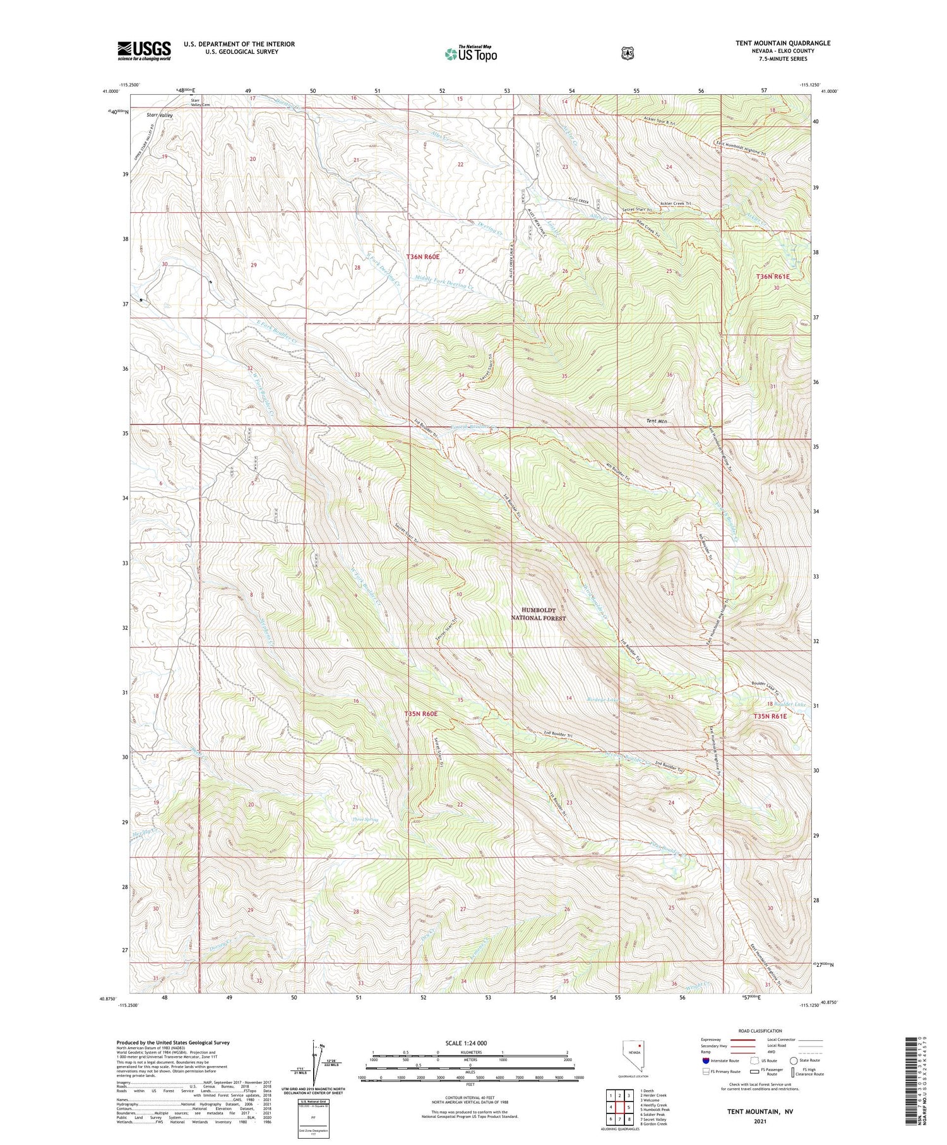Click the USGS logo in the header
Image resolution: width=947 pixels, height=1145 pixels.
click(x=144, y=51)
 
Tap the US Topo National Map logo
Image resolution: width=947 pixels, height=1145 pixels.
click(x=470, y=54)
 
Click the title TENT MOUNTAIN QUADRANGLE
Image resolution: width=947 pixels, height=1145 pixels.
click(x=783, y=43)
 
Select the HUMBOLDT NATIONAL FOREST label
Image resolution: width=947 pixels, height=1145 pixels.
click(x=538, y=614)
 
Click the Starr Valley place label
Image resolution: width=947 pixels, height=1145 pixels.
click(x=159, y=116)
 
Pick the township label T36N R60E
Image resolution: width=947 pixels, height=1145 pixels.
click(x=422, y=257)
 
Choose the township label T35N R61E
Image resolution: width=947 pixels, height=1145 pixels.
click(x=770, y=716)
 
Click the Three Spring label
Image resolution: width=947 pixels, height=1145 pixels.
click(x=365, y=820)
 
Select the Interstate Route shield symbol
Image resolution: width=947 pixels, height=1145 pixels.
click(x=705, y=1060)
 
